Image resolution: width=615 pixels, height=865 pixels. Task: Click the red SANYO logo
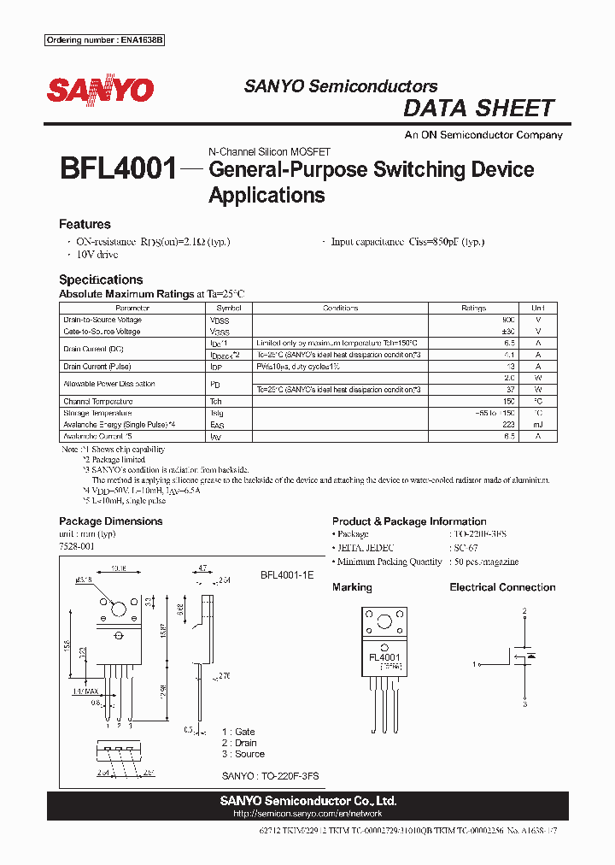[100, 90]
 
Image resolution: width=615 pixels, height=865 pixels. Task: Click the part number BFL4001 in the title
[118, 168]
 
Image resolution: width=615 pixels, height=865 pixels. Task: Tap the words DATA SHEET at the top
[478, 109]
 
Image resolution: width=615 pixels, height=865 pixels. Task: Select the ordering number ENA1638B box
[103, 40]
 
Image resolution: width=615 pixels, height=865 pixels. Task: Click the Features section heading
[85, 224]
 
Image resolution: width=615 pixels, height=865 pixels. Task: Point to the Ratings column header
[473, 308]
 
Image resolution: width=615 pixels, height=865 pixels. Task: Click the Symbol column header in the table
[228, 308]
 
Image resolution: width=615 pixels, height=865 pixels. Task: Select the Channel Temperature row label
[98, 401]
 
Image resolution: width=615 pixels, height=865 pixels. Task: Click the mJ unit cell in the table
[537, 424]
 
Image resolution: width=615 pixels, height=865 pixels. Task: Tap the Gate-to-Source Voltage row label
[102, 331]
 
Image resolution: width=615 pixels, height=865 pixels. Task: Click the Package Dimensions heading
[110, 521]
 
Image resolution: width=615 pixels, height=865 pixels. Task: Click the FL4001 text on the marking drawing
[384, 657]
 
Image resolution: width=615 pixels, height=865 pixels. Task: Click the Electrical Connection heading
[502, 587]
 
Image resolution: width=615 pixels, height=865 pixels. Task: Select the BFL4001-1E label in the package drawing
[287, 576]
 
